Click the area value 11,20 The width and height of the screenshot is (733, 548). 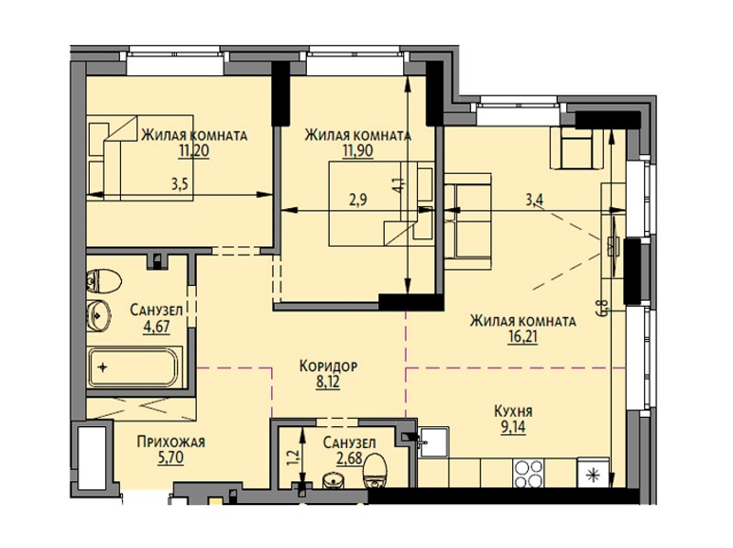point(194,151)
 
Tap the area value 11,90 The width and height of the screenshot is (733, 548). point(357,151)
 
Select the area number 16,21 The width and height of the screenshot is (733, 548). point(522,337)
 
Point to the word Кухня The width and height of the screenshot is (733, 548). point(513,411)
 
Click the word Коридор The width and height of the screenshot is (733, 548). point(328,367)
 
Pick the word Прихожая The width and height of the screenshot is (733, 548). point(171,442)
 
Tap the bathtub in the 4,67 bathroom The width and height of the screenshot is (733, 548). point(134,367)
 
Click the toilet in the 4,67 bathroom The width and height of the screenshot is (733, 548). point(104,281)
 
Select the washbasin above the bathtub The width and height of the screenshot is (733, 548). point(99,315)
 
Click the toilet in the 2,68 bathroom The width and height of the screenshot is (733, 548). point(376,471)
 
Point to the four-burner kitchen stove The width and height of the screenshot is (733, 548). point(529,473)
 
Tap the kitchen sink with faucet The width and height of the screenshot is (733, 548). point(432,442)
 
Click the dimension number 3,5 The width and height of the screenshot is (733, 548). point(179,185)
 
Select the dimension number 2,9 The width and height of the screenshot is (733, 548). point(358,200)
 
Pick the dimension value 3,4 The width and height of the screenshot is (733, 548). point(534,200)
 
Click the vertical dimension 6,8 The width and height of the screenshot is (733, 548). point(604,308)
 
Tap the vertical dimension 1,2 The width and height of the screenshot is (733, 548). point(294,456)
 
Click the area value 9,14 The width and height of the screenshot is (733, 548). point(513,427)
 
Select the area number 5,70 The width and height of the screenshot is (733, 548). point(171,457)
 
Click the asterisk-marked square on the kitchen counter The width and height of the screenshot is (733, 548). point(594,473)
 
